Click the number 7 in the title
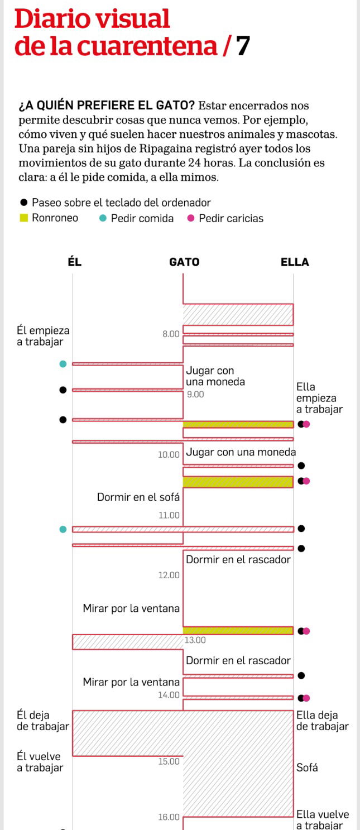[243, 46]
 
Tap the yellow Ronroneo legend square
[23, 218]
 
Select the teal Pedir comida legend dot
[103, 218]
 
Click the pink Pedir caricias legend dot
[191, 218]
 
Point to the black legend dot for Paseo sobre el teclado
[23, 202]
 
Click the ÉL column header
[74, 262]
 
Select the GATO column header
[184, 262]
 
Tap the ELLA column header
[295, 262]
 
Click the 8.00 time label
[171, 334]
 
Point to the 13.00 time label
[195, 640]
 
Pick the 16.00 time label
[169, 817]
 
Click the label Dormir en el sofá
[138, 497]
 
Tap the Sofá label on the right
[307, 767]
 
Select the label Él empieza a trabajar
[43, 335]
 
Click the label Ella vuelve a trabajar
[323, 819]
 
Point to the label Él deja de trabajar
[43, 721]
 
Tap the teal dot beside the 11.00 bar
[63, 530]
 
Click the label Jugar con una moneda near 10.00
[241, 452]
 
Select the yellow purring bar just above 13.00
[238, 630]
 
